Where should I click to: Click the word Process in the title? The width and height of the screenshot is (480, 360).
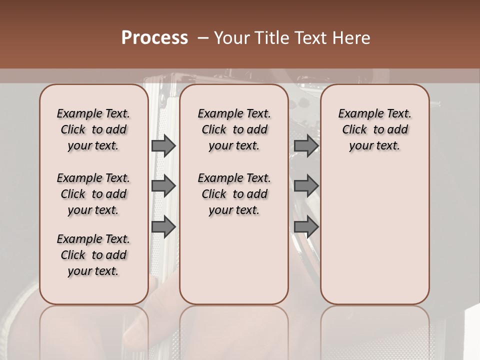[154, 38]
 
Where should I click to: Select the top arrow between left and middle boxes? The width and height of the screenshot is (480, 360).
[163, 145]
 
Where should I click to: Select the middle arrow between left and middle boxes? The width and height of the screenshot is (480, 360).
[163, 186]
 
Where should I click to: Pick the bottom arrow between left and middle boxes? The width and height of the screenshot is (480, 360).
[163, 227]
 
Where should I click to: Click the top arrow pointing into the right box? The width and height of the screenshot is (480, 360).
[306, 145]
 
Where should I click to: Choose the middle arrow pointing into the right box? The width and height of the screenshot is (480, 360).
[306, 186]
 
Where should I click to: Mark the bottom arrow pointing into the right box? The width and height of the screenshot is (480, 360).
[306, 227]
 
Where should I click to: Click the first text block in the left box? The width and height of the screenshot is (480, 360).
[93, 129]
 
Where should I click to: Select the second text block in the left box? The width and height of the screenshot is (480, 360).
[93, 194]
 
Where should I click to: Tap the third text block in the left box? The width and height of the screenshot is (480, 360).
[93, 255]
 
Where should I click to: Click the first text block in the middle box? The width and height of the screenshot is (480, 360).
[234, 129]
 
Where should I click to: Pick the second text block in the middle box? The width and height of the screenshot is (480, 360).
[234, 194]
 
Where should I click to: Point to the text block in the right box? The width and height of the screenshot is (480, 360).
[374, 129]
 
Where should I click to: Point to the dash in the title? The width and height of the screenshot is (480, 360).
[203, 38]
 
